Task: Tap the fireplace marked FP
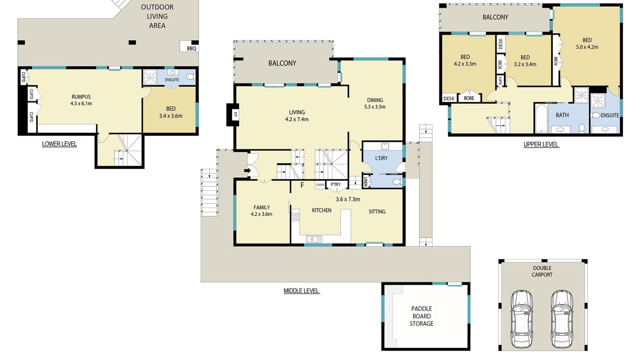coord(233,114)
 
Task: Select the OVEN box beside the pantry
coord(320,185)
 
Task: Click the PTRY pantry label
coord(335,184)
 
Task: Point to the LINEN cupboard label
coord(365,181)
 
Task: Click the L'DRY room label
coord(381,158)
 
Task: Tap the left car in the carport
coord(521,318)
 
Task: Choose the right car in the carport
coord(561,318)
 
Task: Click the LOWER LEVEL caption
coord(59,144)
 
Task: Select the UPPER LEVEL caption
coord(541,144)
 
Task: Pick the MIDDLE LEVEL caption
coord(301,291)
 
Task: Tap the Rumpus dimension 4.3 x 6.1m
coord(81,103)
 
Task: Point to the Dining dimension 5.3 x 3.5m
coord(375,107)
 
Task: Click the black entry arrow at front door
coord(247,171)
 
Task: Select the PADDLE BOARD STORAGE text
coord(421,316)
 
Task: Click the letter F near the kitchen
coord(302,185)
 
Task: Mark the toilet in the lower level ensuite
coord(191,76)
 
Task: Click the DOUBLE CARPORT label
coord(542,271)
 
